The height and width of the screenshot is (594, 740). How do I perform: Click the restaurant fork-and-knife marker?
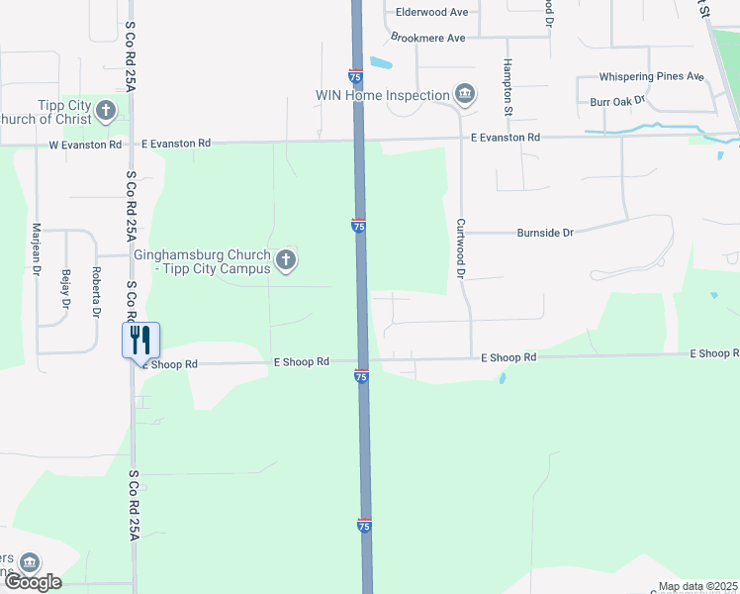[139, 340]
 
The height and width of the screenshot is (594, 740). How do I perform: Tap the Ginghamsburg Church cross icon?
[286, 260]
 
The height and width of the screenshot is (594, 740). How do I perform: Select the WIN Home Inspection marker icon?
[464, 95]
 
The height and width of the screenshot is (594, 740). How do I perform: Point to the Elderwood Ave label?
[431, 12]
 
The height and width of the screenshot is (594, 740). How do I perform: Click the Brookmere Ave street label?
[427, 38]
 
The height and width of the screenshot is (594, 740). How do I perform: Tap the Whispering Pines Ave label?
[651, 76]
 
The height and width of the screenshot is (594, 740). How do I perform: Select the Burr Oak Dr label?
[616, 101]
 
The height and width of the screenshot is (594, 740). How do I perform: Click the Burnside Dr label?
[545, 233]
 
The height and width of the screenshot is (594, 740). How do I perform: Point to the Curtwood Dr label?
[461, 247]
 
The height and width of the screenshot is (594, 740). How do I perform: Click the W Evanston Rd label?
[85, 144]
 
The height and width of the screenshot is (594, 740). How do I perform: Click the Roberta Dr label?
[96, 291]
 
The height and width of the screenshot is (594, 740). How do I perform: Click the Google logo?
[33, 582]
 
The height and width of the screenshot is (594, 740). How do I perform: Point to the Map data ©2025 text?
[696, 586]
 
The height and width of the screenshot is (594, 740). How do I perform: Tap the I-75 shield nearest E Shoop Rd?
[361, 376]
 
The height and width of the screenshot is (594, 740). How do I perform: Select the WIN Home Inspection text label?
[382, 95]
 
